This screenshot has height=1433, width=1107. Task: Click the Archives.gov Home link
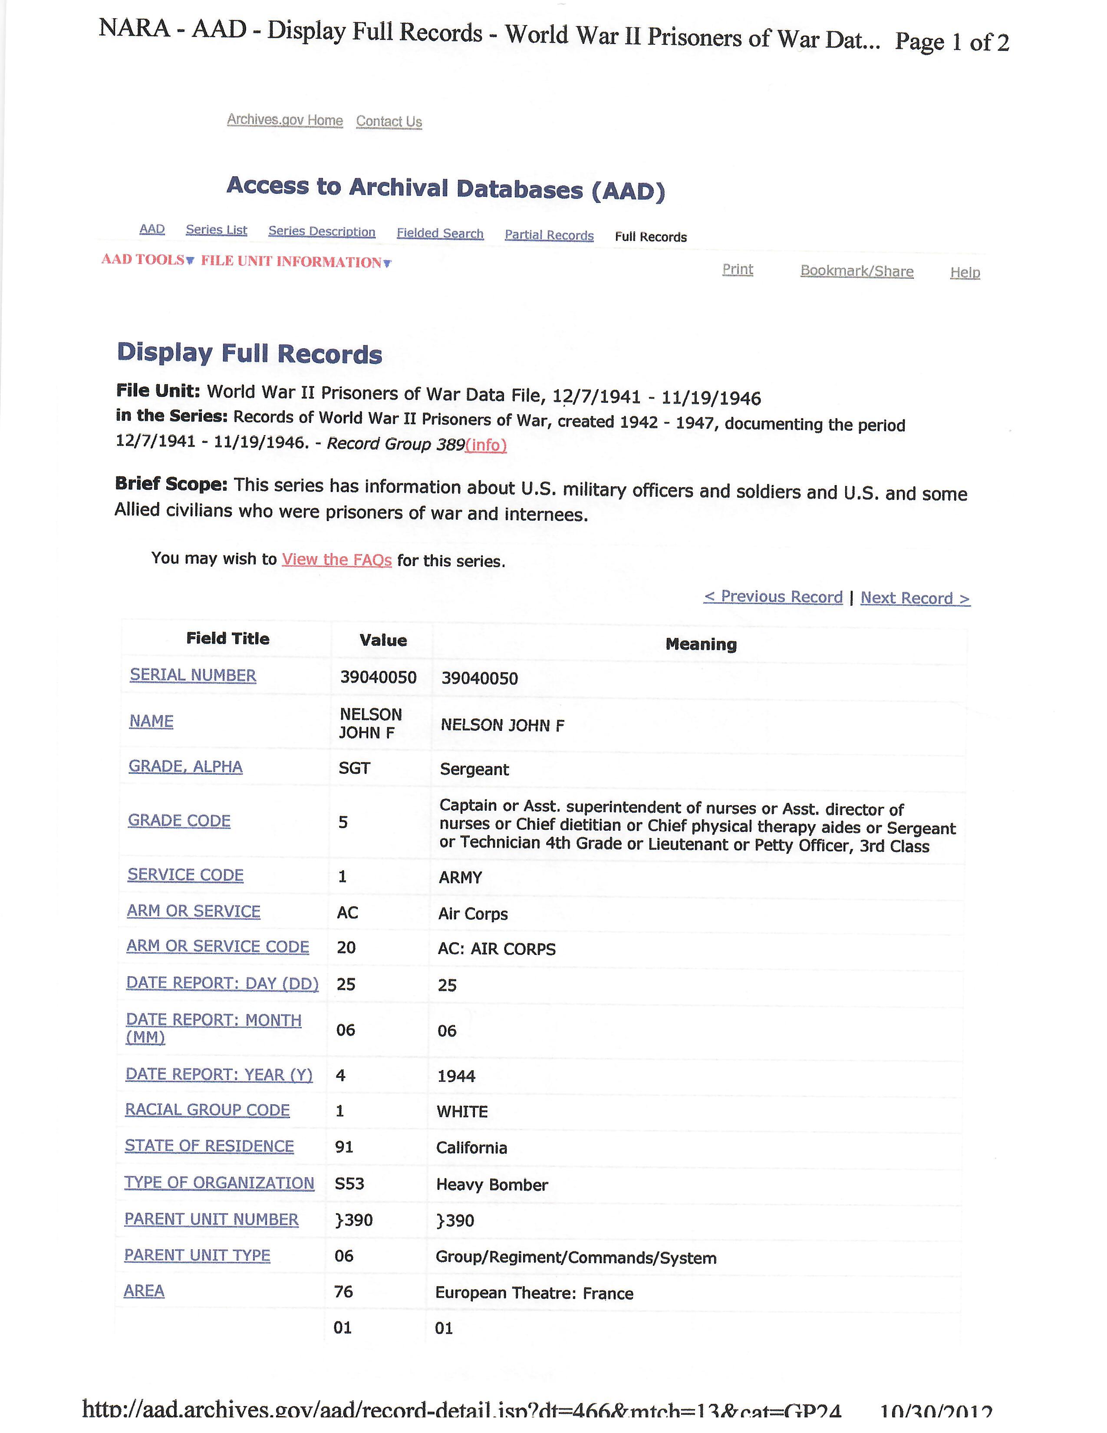(x=285, y=120)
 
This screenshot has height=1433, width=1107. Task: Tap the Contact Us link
(x=389, y=122)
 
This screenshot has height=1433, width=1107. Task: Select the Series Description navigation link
(x=321, y=231)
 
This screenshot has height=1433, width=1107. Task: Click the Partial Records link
(x=549, y=235)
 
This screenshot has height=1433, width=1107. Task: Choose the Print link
(x=737, y=269)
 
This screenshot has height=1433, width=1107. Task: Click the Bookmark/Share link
(x=857, y=271)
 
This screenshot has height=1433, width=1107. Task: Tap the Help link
(x=965, y=272)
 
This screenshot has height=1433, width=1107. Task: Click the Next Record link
(x=915, y=598)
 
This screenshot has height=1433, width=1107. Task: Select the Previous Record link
(x=773, y=596)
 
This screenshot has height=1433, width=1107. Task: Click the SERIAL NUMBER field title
(x=193, y=675)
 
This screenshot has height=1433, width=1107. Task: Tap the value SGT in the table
(x=354, y=768)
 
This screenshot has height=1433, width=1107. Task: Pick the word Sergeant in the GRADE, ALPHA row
(x=474, y=769)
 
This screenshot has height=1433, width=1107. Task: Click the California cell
(x=471, y=1148)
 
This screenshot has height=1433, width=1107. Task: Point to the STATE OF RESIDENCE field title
(x=209, y=1146)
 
